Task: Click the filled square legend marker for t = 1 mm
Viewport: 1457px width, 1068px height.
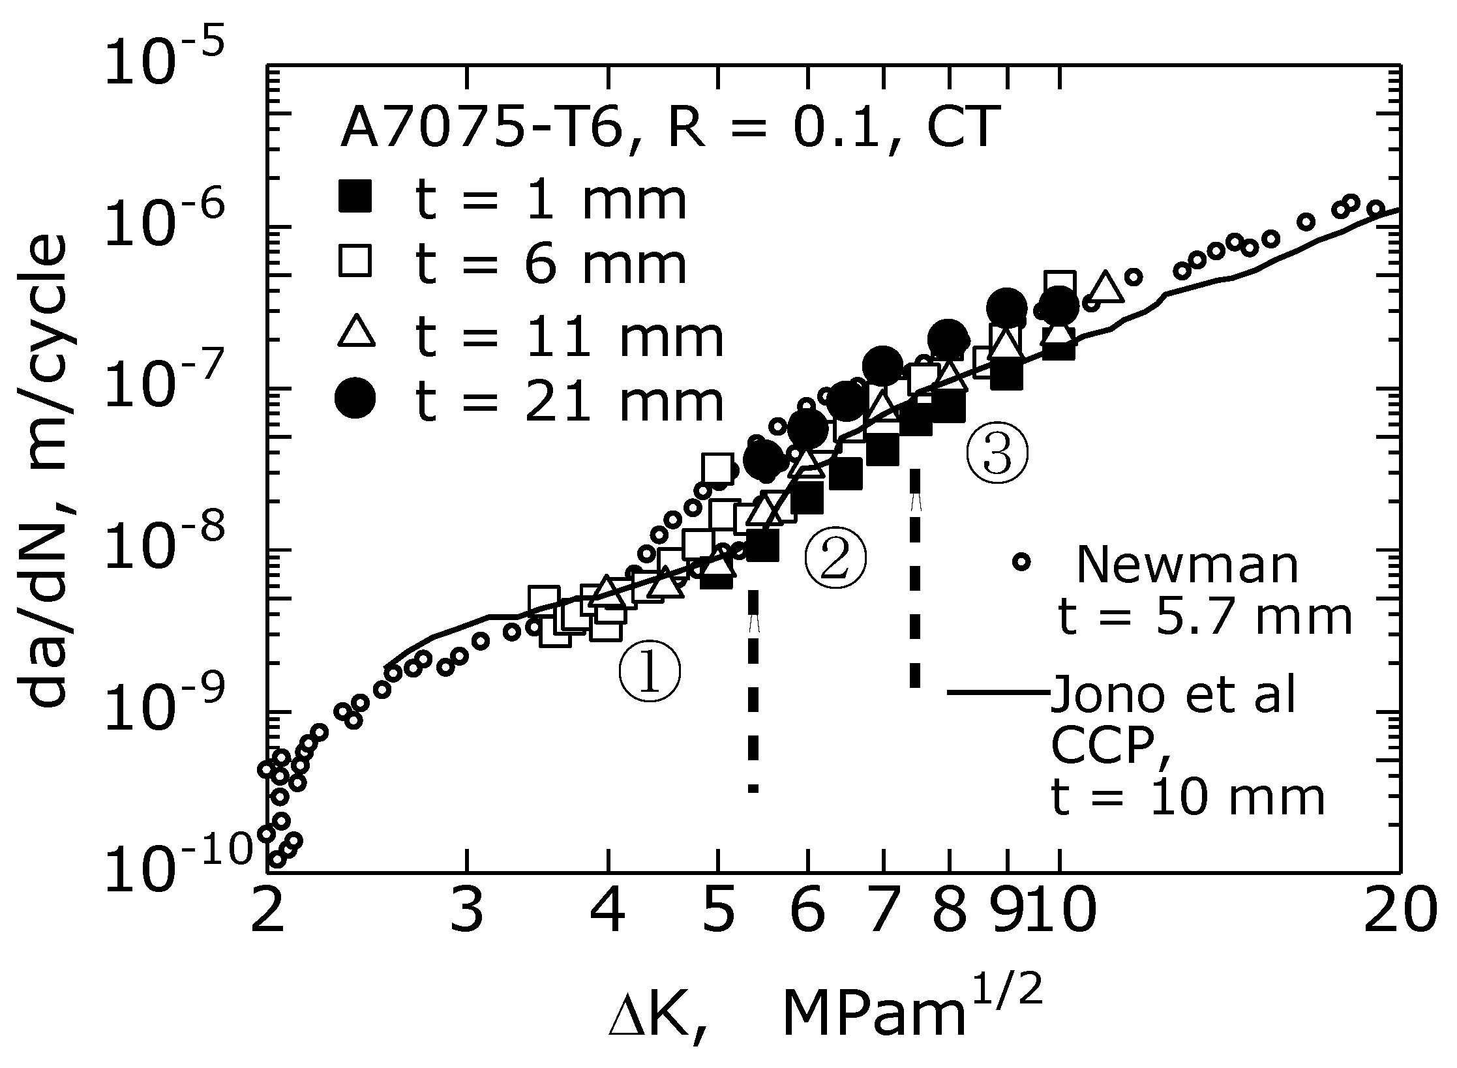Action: point(355,195)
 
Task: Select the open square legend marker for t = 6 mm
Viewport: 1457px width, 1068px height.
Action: point(355,261)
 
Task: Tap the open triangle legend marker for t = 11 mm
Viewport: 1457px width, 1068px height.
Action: point(356,331)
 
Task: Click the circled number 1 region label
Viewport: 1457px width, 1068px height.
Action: point(649,674)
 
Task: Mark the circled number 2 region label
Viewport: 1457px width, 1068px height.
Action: point(835,561)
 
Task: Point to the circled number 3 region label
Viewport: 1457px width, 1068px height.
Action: point(997,453)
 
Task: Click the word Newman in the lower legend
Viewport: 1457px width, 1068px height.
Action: point(1187,565)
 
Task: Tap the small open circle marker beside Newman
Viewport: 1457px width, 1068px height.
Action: point(1021,561)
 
